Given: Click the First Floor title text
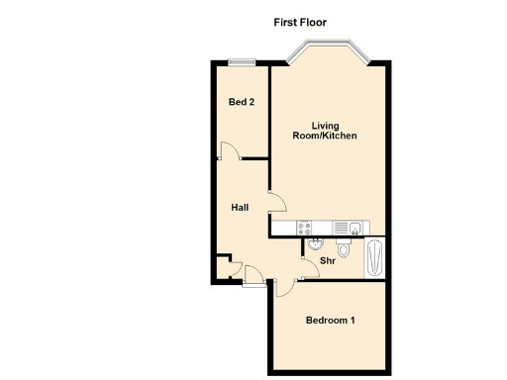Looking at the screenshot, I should click(300, 22).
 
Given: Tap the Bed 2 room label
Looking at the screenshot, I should click(242, 102).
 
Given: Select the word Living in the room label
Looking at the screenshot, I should click(326, 125).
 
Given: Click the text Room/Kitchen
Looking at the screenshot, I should click(326, 136).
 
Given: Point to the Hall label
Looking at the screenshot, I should click(240, 208).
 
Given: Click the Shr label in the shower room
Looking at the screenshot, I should click(328, 260).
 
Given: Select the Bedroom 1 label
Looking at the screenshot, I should click(330, 321).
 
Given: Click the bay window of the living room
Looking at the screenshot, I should click(329, 49).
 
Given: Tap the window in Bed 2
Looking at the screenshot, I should click(241, 62).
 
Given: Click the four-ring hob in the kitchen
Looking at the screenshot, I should click(306, 228).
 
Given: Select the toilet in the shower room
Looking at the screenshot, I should click(344, 247).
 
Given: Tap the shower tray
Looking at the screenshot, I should click(373, 258).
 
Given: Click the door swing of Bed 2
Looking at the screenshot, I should click(228, 150).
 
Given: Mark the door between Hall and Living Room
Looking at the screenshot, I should click(277, 201).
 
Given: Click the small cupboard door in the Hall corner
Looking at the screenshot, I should click(226, 263).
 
